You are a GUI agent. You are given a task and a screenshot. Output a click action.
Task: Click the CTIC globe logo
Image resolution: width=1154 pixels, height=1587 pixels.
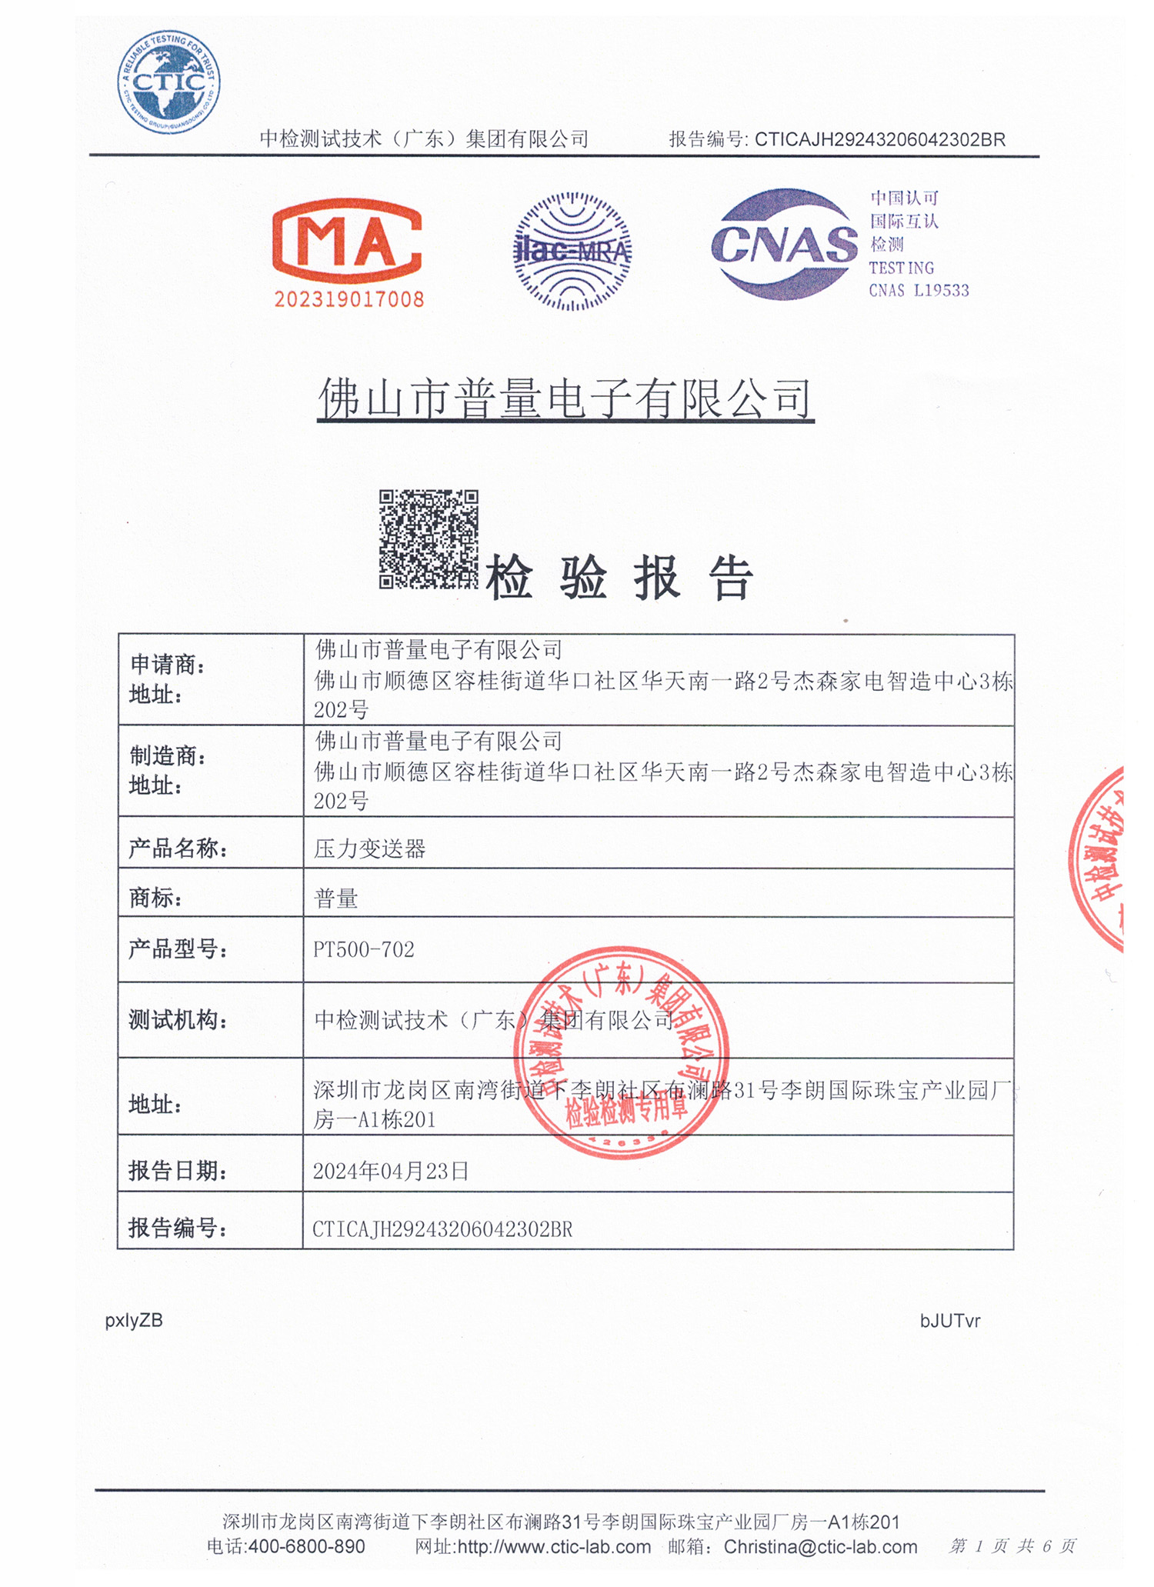(168, 82)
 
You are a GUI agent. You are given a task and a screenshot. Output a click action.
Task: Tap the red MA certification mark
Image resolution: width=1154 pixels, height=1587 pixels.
(347, 242)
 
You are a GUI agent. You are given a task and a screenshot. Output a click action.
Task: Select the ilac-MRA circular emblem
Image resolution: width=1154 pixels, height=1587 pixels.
(572, 251)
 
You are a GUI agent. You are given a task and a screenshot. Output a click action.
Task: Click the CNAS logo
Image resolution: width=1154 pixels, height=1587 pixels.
(784, 245)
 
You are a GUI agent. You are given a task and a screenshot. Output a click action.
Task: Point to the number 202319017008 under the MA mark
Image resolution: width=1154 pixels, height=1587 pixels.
(349, 299)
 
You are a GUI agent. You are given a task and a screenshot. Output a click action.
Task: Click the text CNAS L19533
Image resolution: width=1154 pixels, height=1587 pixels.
(919, 291)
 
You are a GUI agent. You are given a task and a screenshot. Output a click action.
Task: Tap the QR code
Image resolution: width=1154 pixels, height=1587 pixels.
(429, 539)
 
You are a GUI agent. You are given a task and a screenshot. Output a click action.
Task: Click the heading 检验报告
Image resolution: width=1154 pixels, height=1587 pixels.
(619, 578)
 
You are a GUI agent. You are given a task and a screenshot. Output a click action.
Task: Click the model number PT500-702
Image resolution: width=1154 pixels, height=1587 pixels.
(364, 950)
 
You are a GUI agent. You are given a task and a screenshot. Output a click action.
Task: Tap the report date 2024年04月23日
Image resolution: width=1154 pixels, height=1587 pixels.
(391, 1171)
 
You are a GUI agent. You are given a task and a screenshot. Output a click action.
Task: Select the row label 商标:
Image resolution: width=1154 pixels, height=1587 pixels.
(156, 898)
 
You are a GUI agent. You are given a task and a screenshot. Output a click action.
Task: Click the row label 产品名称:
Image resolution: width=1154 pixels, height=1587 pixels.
(178, 849)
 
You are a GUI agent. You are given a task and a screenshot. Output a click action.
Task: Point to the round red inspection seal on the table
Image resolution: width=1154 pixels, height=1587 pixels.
(621, 1052)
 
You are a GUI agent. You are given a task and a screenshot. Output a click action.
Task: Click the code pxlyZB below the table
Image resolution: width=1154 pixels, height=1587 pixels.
(134, 1320)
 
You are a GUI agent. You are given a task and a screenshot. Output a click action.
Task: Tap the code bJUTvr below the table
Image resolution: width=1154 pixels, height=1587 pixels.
(950, 1321)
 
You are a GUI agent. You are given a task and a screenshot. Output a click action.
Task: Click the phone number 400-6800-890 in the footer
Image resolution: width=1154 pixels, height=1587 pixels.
(306, 1546)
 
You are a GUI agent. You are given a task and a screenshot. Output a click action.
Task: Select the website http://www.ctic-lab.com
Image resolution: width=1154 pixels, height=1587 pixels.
(554, 1546)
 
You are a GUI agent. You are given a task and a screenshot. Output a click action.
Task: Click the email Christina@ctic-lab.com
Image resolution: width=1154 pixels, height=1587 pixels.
(820, 1546)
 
